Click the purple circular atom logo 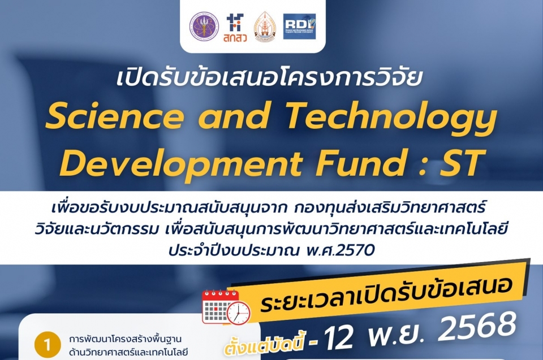pos(204,26)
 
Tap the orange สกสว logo pos(234,27)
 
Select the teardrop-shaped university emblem pos(265,27)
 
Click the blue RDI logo pos(299,26)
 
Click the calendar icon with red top pos(219,307)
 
